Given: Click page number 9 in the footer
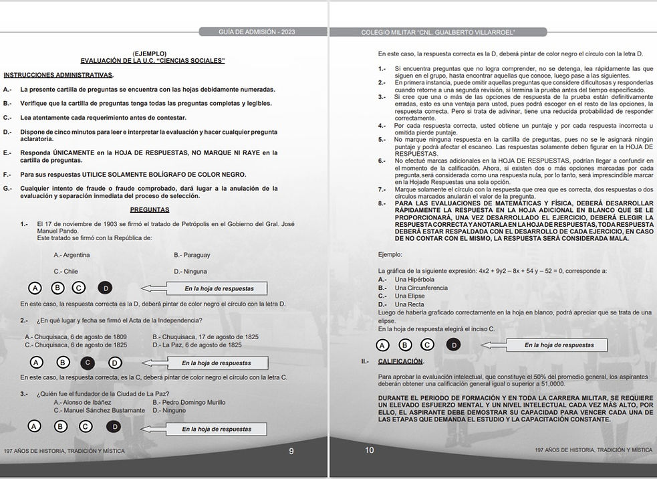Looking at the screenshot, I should [x=291, y=451].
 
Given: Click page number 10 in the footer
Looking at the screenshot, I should [x=370, y=450].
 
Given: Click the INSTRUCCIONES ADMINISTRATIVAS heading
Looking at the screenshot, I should [x=58, y=74].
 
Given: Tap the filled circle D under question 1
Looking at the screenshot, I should [x=104, y=288].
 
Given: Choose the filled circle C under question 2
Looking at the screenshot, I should [x=86, y=363].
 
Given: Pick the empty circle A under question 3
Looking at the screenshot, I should [x=35, y=426].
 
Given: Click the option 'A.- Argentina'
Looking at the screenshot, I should [x=72, y=255].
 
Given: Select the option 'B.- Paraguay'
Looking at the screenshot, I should [x=192, y=255].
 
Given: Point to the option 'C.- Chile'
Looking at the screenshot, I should [x=66, y=272].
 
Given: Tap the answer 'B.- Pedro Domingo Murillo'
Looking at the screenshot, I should [x=188, y=402].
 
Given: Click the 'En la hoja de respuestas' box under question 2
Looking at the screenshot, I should [x=217, y=363].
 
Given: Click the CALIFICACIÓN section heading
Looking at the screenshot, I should [x=400, y=361].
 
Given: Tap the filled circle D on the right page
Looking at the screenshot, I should [x=454, y=345].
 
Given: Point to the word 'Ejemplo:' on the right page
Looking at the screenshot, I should [x=390, y=254].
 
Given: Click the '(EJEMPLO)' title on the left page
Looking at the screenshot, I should [x=150, y=54].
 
